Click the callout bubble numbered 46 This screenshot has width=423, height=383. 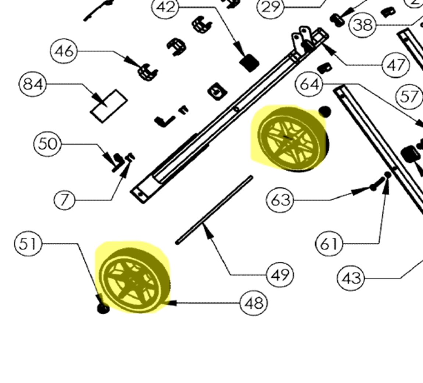click(x=64, y=51)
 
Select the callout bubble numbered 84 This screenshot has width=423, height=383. click(x=33, y=84)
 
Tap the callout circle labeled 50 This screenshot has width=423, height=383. click(x=47, y=144)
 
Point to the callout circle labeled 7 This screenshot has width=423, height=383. click(x=64, y=200)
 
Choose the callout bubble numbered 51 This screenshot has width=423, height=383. click(x=28, y=244)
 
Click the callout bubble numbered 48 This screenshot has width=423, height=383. click(x=254, y=303)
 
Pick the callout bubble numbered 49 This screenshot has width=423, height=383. click(x=280, y=275)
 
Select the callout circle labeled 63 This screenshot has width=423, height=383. click(x=280, y=200)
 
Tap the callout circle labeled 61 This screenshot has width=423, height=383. click(x=329, y=244)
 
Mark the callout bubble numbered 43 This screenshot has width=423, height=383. click(x=351, y=278)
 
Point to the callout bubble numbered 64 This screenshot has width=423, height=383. click(x=309, y=84)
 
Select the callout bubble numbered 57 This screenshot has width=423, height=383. click(x=409, y=97)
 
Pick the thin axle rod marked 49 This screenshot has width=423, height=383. click(x=215, y=210)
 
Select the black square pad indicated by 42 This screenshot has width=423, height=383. click(x=249, y=63)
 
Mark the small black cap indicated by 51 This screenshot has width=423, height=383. click(x=103, y=308)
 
